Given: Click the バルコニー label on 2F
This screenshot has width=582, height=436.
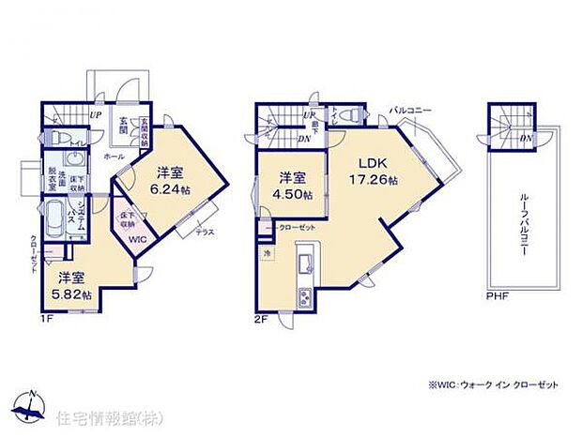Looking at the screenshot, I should (410, 112).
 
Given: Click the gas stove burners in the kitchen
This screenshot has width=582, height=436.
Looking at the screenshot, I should (306, 298).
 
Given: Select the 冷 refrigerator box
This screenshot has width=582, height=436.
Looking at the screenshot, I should (266, 253).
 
